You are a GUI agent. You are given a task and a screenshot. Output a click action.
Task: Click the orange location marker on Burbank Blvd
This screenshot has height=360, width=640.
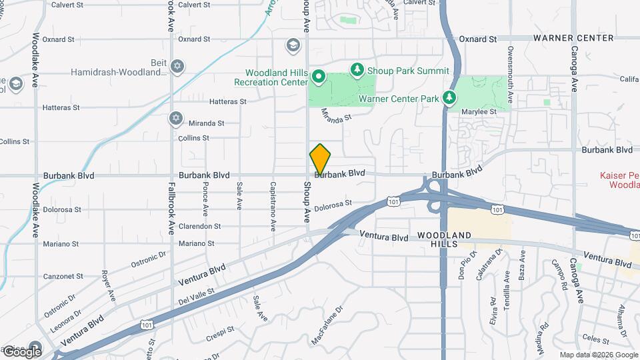320,160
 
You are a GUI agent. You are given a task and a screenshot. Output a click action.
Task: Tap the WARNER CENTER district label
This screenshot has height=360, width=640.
573,38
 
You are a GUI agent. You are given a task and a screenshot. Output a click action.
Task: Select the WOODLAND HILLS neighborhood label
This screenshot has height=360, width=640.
445,240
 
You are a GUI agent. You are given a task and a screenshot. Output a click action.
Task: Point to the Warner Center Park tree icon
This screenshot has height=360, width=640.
450,98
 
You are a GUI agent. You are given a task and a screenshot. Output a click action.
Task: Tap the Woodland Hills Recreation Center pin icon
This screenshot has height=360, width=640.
319,78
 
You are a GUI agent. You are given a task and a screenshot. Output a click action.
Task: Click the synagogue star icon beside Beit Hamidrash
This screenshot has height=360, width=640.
177,65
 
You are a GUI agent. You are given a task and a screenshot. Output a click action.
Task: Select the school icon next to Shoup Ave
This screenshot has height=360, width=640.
292,45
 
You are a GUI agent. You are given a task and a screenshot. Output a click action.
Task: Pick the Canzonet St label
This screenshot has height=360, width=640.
63,276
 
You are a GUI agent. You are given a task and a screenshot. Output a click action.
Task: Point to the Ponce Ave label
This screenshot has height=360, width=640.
205,197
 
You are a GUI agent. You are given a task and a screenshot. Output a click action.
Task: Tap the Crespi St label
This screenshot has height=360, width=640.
220,331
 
